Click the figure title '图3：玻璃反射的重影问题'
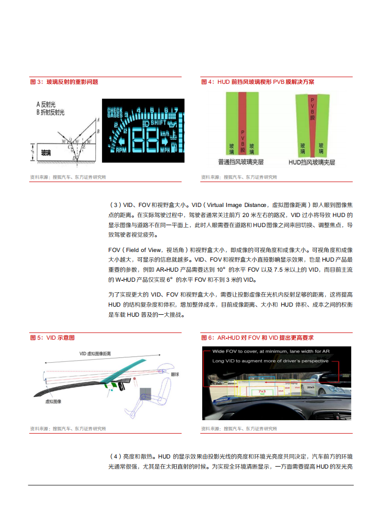click(64, 82)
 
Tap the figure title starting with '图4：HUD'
click(258, 82)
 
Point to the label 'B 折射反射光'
click(50, 112)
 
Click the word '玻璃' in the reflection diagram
click(46, 153)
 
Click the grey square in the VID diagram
click(146, 394)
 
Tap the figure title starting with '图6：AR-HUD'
click(257, 338)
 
